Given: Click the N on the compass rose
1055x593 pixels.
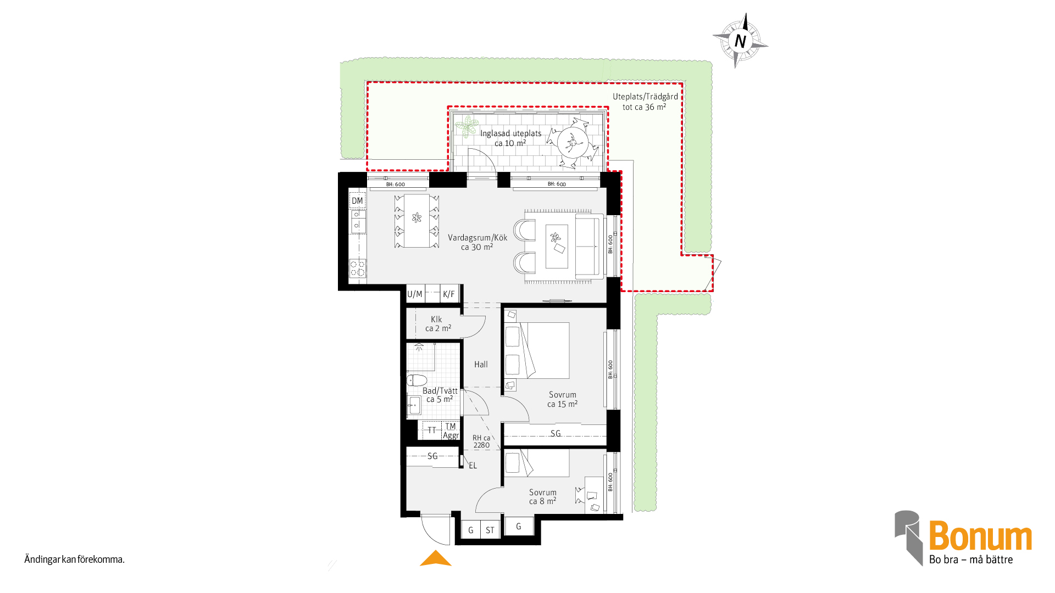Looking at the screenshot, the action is pyautogui.click(x=740, y=41).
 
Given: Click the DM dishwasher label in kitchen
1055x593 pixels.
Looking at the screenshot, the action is pyautogui.click(x=357, y=200).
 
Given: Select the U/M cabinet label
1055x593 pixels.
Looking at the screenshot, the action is pyautogui.click(x=415, y=294).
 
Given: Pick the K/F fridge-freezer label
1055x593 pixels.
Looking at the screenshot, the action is pyautogui.click(x=449, y=294).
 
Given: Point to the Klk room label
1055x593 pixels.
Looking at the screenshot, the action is pyautogui.click(x=436, y=319).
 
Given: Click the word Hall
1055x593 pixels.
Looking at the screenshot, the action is pyautogui.click(x=481, y=364).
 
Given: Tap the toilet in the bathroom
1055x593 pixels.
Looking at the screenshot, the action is pyautogui.click(x=417, y=380).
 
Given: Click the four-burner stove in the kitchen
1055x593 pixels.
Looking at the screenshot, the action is pyautogui.click(x=358, y=268).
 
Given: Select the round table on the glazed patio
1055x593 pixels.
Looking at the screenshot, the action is pyautogui.click(x=573, y=143).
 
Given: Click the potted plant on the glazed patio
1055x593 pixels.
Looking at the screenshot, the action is pyautogui.click(x=467, y=126).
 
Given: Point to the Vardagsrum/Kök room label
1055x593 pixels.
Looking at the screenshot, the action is pyautogui.click(x=477, y=238).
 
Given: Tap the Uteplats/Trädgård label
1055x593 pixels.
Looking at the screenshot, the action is pyautogui.click(x=645, y=97).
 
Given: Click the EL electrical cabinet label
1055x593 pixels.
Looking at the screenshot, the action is pyautogui.click(x=473, y=466).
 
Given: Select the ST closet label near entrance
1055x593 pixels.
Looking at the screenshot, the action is pyautogui.click(x=490, y=530).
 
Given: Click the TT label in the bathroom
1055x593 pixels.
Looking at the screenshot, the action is pyautogui.click(x=432, y=430).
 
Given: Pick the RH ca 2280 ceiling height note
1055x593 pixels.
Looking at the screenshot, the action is pyautogui.click(x=481, y=441).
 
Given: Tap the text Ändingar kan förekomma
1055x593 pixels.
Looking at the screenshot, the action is pyautogui.click(x=74, y=560).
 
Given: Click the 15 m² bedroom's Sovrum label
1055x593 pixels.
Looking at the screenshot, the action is pyautogui.click(x=563, y=395).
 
